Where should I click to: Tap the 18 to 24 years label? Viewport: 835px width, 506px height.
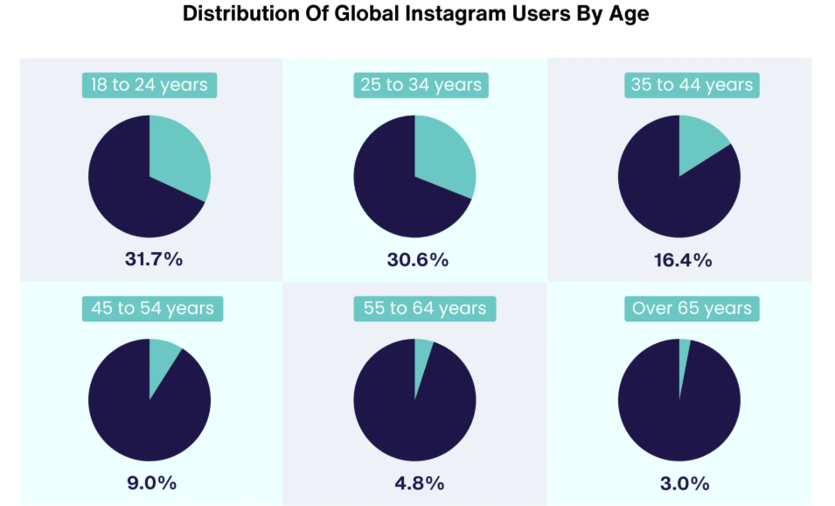click(x=150, y=85)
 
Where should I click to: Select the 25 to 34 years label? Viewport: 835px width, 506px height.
click(x=421, y=85)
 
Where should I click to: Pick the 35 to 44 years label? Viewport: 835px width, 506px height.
click(x=692, y=85)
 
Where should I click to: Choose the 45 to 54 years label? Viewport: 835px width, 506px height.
click(x=153, y=308)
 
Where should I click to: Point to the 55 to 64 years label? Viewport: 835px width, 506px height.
click(x=424, y=308)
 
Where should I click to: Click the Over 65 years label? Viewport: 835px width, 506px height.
click(x=692, y=308)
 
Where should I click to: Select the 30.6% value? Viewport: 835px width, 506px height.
click(x=417, y=259)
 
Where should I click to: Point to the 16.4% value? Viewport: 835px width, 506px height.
click(x=682, y=259)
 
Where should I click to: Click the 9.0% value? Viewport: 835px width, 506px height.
click(x=152, y=482)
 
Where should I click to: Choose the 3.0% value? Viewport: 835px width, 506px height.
click(x=682, y=482)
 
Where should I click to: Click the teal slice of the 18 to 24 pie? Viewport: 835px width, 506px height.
click(x=179, y=158)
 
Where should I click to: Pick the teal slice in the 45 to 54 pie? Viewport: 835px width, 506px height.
click(x=162, y=359)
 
